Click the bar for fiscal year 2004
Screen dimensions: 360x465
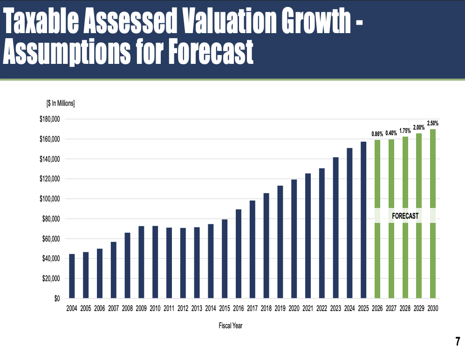pos(72,276)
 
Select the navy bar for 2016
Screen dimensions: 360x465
pos(239,254)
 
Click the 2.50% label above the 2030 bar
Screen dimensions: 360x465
pos(432,124)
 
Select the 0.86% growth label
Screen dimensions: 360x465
pos(377,134)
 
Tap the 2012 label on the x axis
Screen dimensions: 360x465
pos(183,308)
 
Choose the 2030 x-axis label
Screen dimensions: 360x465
pos(433,308)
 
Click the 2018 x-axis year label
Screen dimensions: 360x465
pos(266,308)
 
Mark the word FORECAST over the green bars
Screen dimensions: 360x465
pos(405,216)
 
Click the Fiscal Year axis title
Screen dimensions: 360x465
pos(230,326)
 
